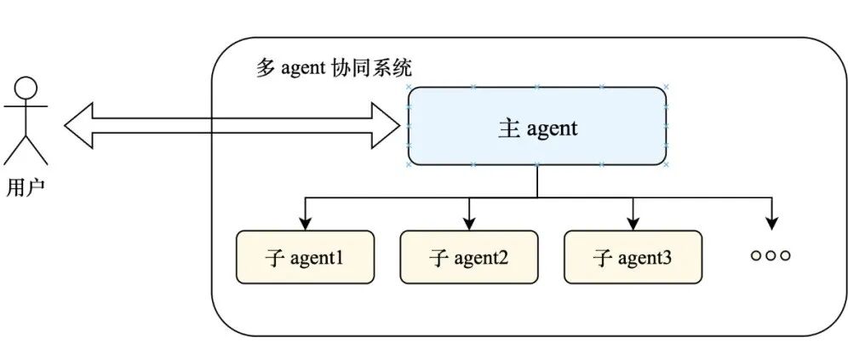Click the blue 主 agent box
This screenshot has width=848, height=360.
click(537, 126)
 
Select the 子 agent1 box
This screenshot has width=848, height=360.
click(305, 257)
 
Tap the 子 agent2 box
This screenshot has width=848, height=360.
click(469, 257)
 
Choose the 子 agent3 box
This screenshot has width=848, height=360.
click(633, 257)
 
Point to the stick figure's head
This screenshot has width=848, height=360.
click(26, 88)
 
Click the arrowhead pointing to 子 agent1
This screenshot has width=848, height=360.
click(305, 223)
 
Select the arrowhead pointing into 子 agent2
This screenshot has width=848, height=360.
click(469, 223)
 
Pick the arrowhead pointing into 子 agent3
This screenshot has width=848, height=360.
click(633, 223)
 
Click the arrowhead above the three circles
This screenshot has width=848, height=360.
click(771, 223)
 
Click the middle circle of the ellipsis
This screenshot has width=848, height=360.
click(771, 256)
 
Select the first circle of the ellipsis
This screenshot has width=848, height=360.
click(756, 256)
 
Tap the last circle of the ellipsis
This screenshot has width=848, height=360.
click(785, 256)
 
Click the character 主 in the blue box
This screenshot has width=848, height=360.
click(508, 128)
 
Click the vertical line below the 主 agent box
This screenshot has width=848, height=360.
click(537, 181)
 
